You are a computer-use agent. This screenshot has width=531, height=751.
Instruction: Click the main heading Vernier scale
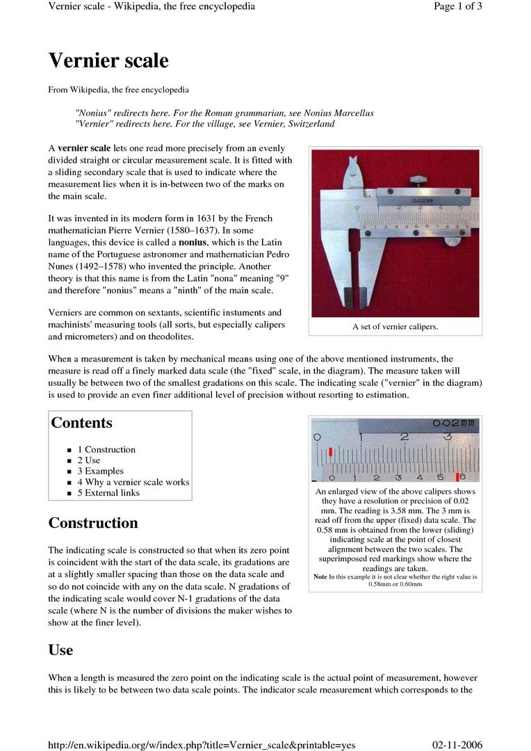(108, 61)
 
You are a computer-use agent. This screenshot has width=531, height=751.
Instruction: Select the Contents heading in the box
(81, 423)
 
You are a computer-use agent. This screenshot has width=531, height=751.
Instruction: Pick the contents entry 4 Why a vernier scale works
(133, 482)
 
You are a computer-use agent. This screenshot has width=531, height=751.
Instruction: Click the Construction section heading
(93, 523)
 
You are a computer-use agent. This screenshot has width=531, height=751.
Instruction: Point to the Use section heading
(60, 650)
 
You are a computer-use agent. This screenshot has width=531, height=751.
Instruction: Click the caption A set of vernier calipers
(395, 327)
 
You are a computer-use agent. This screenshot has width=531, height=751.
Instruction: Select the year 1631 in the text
(200, 218)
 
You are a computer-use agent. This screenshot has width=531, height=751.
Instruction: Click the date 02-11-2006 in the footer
(457, 745)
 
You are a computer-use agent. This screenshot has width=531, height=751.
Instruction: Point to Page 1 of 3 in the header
(457, 6)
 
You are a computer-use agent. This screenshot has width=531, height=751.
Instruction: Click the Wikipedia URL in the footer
(202, 745)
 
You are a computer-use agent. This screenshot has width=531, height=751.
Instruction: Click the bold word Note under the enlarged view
(320, 577)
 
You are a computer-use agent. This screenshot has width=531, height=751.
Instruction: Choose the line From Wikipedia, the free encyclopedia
(118, 90)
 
